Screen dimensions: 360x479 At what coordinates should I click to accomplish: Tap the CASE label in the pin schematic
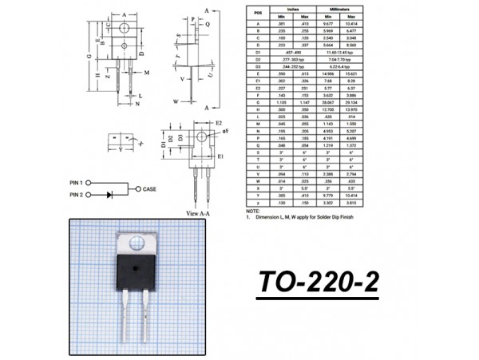point(150,189)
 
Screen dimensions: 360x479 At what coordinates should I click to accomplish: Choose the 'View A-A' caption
point(197,214)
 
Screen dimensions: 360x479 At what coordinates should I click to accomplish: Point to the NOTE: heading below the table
point(253,211)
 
